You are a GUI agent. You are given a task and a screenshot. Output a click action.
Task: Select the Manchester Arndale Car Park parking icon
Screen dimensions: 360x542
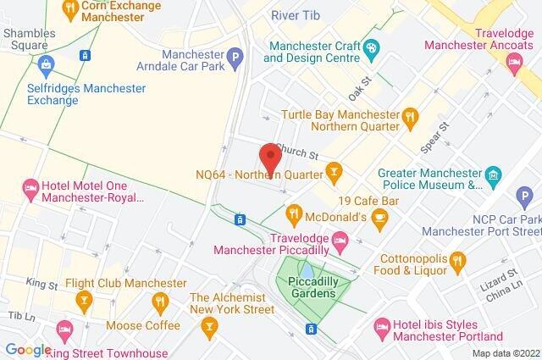(236, 57)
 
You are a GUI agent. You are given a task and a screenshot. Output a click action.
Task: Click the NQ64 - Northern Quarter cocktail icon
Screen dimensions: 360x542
(335, 174)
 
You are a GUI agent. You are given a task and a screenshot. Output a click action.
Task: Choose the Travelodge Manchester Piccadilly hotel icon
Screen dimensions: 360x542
(340, 243)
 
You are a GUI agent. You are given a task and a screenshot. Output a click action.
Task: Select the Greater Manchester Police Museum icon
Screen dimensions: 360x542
(494, 176)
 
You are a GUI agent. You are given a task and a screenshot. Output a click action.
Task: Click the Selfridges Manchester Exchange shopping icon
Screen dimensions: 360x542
(47, 64)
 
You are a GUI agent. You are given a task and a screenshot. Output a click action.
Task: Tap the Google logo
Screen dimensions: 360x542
(27, 350)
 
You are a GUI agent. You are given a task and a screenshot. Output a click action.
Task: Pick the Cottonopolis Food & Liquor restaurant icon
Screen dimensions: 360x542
(458, 259)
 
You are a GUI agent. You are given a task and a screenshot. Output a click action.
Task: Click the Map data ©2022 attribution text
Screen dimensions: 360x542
(505, 352)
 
